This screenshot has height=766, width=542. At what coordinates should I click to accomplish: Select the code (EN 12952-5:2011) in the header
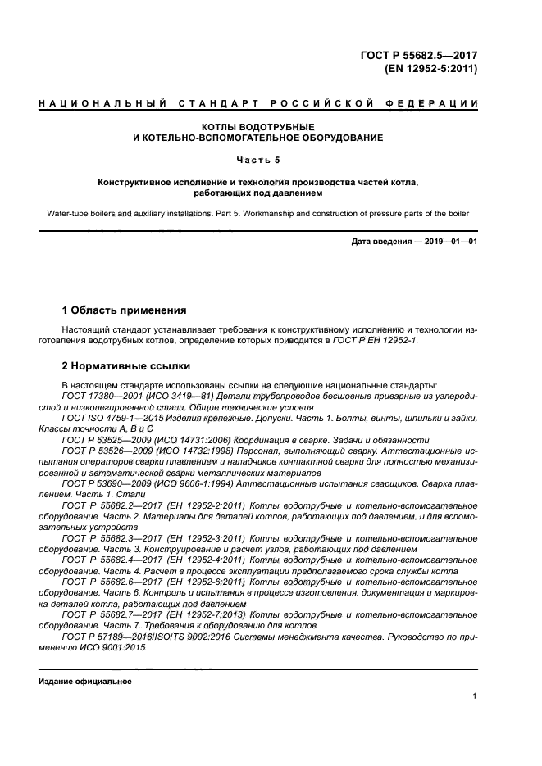(430, 69)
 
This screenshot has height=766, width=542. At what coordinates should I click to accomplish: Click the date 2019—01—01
(446, 241)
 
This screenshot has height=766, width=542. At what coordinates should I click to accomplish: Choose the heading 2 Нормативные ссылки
(127, 366)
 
